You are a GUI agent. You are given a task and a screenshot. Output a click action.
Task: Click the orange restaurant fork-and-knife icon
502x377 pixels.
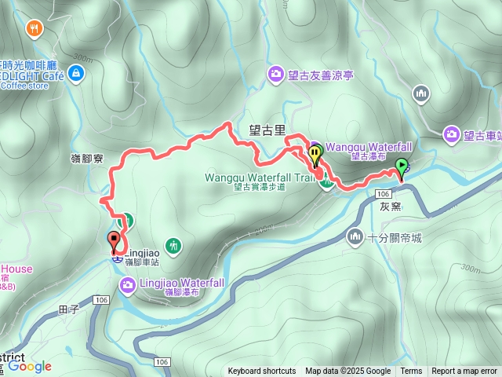(x=34, y=29)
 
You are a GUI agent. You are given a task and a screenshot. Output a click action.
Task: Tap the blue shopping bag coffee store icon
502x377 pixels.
(x=75, y=74)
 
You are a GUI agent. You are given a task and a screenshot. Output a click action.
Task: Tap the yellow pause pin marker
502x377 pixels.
(x=315, y=154)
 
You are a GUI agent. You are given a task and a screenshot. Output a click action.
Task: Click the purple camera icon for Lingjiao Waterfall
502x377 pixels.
(x=128, y=283)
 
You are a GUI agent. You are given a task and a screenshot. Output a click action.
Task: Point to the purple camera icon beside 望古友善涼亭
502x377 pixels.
(x=276, y=75)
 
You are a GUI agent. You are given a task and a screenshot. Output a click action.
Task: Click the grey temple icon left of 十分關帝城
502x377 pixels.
(x=356, y=236)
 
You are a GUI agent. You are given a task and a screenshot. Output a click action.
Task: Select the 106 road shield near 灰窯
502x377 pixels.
(x=384, y=193)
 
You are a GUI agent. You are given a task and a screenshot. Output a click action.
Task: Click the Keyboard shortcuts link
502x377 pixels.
(x=262, y=372)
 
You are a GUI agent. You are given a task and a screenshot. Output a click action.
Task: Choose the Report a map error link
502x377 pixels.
(x=464, y=372)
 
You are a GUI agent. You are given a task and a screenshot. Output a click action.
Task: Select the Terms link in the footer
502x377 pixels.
(x=411, y=372)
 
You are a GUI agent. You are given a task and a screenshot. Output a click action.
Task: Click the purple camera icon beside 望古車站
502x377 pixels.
(x=452, y=135)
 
